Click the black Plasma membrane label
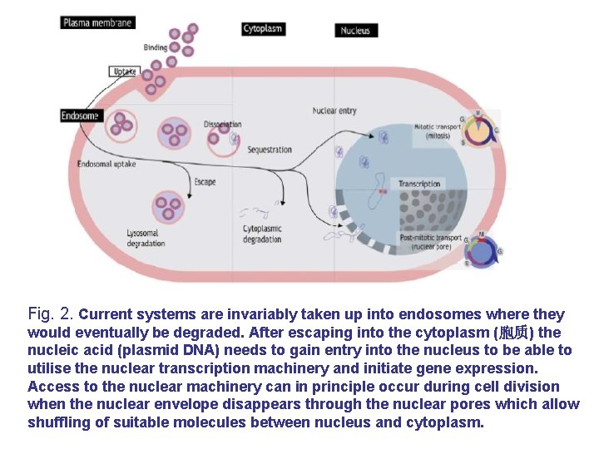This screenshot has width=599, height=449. coord(97,22)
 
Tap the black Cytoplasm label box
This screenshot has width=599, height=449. coord(263,28)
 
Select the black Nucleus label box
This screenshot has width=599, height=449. coord(355,31)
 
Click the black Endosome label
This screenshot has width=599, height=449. coord(80,116)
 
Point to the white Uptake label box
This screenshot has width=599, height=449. coord(123,72)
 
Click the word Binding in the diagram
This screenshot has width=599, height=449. coord(156,47)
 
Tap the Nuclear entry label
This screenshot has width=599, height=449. coord(334,111)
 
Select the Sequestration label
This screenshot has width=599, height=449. coord(270,150)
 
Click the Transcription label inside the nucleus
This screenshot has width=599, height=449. coord(419,184)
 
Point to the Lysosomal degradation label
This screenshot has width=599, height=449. coord(146,239)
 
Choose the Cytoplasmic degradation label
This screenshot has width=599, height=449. coord(262,234)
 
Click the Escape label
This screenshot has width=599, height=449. coord(205,182)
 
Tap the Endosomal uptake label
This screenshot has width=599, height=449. coord(106,165)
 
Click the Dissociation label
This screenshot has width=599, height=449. coord(222,125)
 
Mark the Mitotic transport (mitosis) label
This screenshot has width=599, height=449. coord(437,131)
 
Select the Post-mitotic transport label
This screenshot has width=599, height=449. coord(430,242)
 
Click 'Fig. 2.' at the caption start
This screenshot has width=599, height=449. coord(51,314)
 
